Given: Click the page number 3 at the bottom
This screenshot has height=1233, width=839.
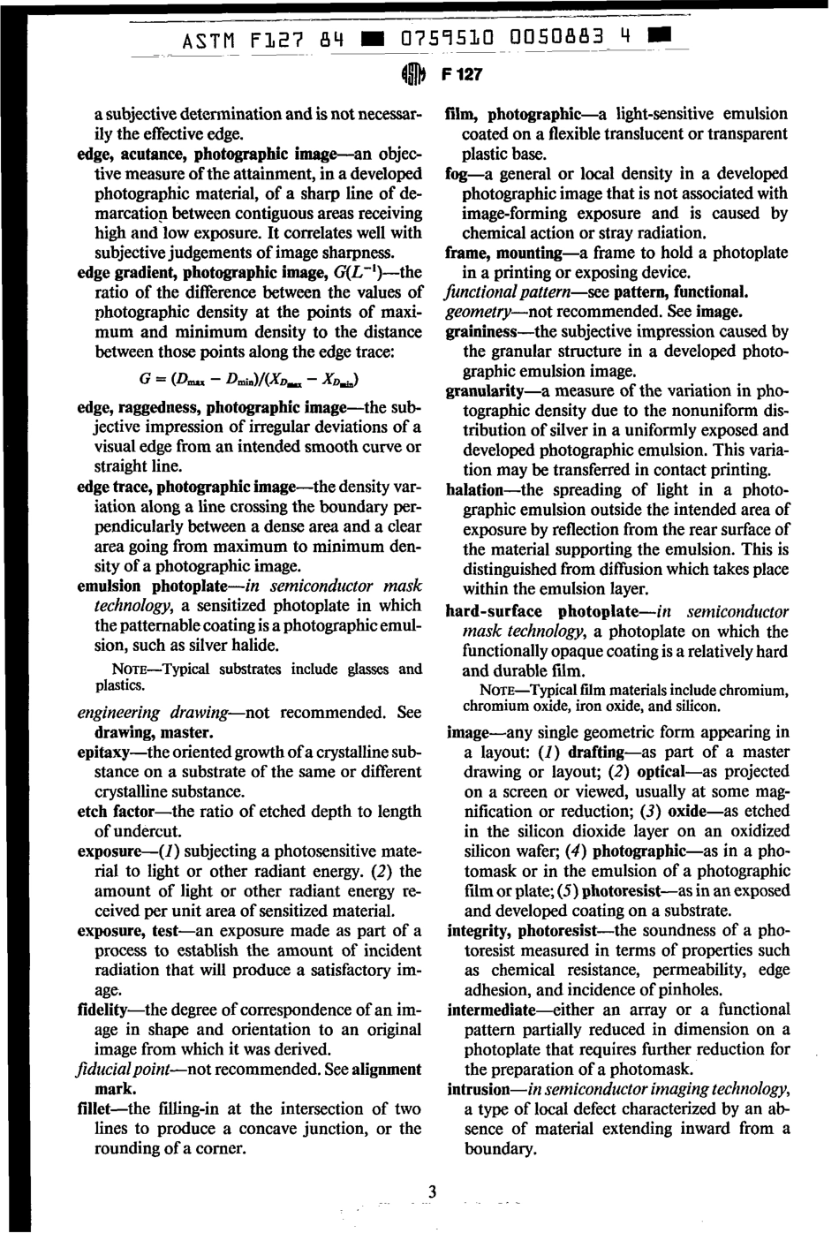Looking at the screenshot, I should (x=432, y=1192).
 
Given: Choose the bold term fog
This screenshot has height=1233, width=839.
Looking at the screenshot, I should (x=457, y=174).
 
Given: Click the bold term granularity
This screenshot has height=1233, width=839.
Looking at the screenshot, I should (x=485, y=390).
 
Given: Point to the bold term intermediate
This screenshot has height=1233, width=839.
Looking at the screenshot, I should (x=491, y=1010).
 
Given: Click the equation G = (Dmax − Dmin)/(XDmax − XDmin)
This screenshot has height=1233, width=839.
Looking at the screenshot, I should (x=250, y=380).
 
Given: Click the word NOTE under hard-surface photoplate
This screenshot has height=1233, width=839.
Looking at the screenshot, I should (x=500, y=690).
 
